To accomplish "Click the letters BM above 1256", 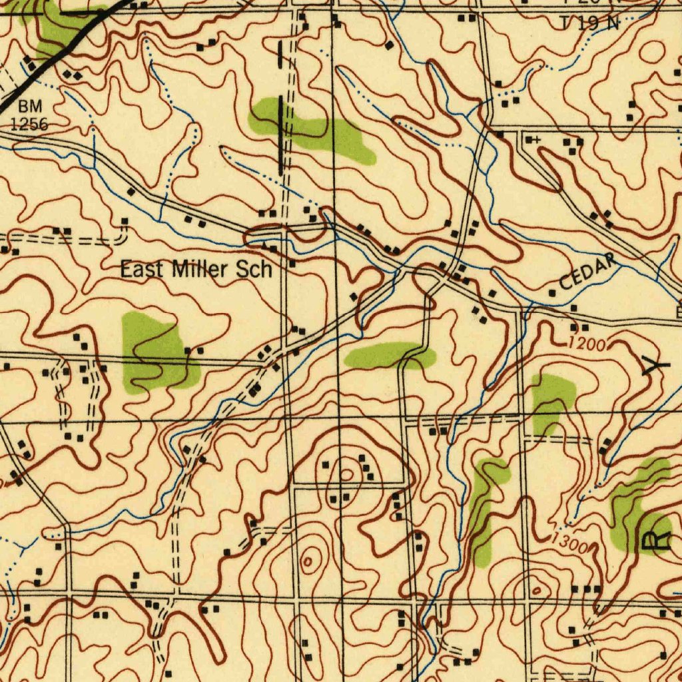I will coord(29,107).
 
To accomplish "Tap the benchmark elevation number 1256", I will coord(29,123).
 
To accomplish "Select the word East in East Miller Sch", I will coord(142,270).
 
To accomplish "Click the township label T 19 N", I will coord(590,23).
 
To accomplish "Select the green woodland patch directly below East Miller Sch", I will coord(155,353).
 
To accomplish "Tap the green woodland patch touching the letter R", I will coord(636,506).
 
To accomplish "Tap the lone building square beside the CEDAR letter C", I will coord(552,293).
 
